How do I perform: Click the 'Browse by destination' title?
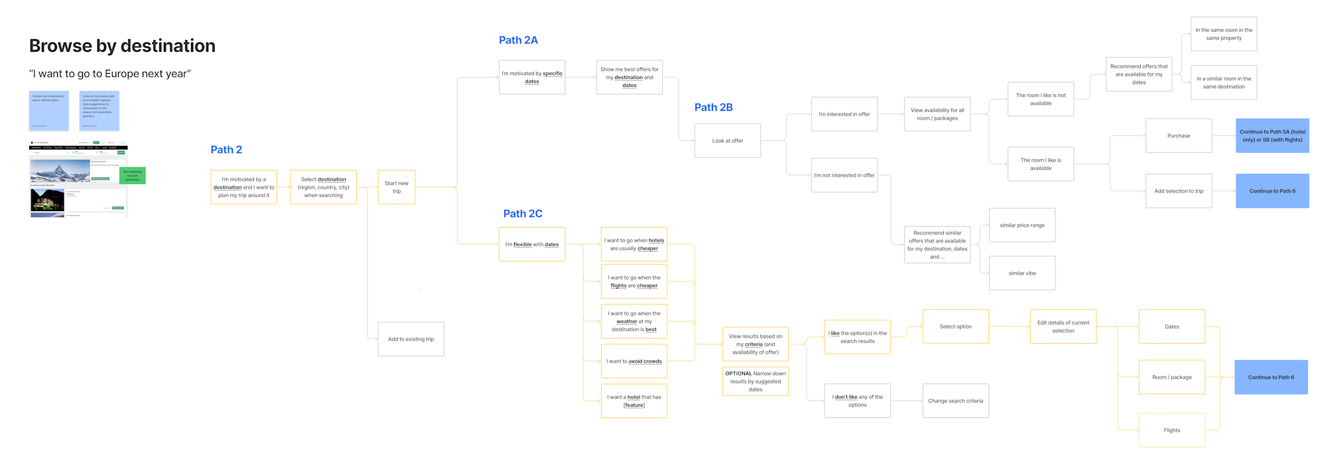[122, 46]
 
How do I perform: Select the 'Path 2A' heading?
[518, 40]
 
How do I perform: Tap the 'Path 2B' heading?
[713, 108]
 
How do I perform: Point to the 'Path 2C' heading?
[523, 214]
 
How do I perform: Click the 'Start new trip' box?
[397, 187]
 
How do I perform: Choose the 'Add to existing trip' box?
[411, 339]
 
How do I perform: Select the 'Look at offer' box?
[727, 141]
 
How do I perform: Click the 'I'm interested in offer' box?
[844, 114]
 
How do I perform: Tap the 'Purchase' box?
[1178, 136]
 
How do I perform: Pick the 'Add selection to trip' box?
[1178, 191]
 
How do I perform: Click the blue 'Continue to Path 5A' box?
[1272, 136]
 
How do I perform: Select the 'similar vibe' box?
[1022, 273]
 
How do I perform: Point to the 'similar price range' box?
[1022, 226]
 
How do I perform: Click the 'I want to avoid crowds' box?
[633, 361]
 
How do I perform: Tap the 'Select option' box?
[955, 327]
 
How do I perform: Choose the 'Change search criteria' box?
[955, 401]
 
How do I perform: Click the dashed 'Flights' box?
[1171, 430]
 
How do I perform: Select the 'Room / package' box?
[1171, 377]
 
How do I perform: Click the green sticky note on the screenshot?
[133, 176]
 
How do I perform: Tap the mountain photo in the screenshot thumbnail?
[60, 171]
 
